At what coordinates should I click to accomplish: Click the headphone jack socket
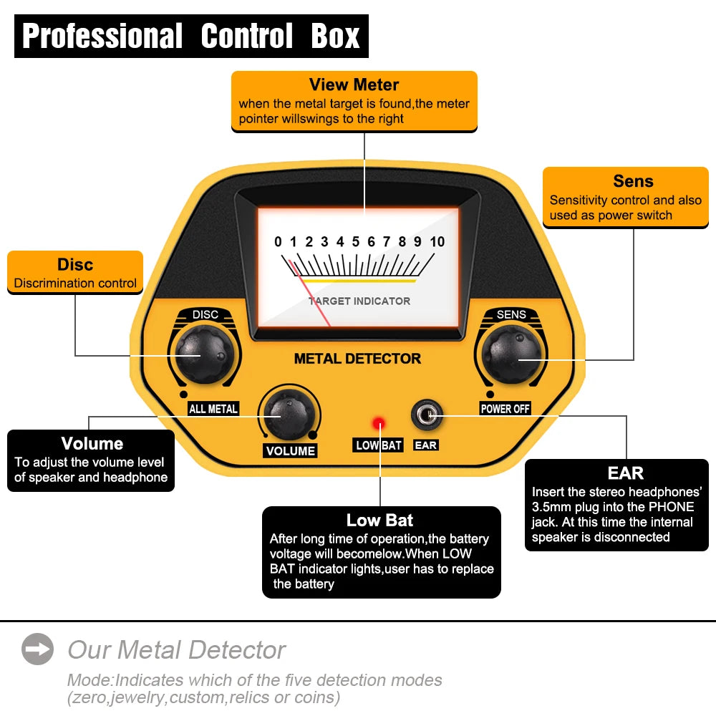425,415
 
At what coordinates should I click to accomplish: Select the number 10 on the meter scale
437,242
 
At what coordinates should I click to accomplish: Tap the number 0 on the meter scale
278,242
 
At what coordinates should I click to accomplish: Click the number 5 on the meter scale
356,242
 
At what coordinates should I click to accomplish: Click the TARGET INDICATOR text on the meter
359,301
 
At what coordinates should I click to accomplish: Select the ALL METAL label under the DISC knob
213,409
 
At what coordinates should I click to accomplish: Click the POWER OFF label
505,409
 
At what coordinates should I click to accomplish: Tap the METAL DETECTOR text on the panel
357,359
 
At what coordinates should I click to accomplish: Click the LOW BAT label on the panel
379,445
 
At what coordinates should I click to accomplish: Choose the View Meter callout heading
354,85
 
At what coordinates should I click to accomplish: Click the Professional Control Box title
191,36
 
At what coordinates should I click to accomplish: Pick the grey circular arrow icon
37,649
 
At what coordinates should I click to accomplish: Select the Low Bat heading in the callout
379,521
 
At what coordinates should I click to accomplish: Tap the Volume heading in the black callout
92,444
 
